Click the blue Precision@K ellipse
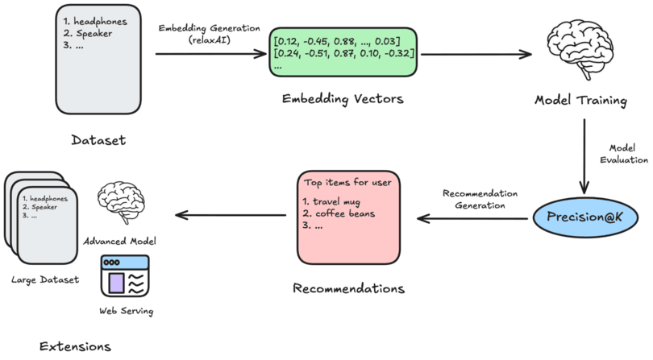tap(584, 218)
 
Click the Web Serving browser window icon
tap(124, 275)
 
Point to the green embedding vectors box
tap(344, 52)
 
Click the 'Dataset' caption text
tap(99, 139)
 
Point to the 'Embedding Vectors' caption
tap(342, 99)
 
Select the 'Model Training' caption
tap(580, 100)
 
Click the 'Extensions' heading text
tap(74, 346)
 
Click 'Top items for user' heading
tap(347, 182)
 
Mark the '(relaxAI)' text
tap(211, 39)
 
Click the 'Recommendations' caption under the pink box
tap(348, 288)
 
